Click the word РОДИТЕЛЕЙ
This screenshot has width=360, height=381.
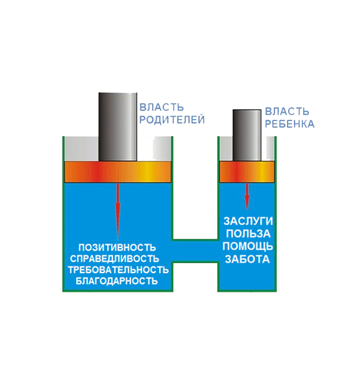point(172,120)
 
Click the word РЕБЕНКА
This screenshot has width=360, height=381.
point(289,124)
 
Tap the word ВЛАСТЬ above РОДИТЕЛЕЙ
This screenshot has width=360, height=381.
point(162,107)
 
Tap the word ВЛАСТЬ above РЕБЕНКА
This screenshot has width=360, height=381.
point(287,112)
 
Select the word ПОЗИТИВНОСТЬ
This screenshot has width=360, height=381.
point(117,248)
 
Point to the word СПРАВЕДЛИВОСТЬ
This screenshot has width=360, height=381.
point(115,259)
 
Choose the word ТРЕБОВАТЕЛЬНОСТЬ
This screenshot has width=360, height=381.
point(118,270)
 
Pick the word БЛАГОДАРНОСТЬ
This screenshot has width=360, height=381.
point(117,281)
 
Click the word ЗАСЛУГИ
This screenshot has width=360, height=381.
point(248,221)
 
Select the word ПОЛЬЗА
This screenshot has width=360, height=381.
point(248,234)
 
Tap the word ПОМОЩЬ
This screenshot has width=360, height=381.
point(248,246)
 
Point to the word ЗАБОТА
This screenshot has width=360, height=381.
point(247,259)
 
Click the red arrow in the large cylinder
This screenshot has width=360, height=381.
point(118,211)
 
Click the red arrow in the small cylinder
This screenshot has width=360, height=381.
point(247,196)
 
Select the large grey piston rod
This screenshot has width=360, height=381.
point(118,127)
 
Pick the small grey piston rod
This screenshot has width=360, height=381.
point(247,135)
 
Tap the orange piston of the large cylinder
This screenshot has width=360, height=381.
point(118,171)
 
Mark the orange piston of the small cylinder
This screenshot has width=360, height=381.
point(247,171)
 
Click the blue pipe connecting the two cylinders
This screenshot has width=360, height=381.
point(195,251)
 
